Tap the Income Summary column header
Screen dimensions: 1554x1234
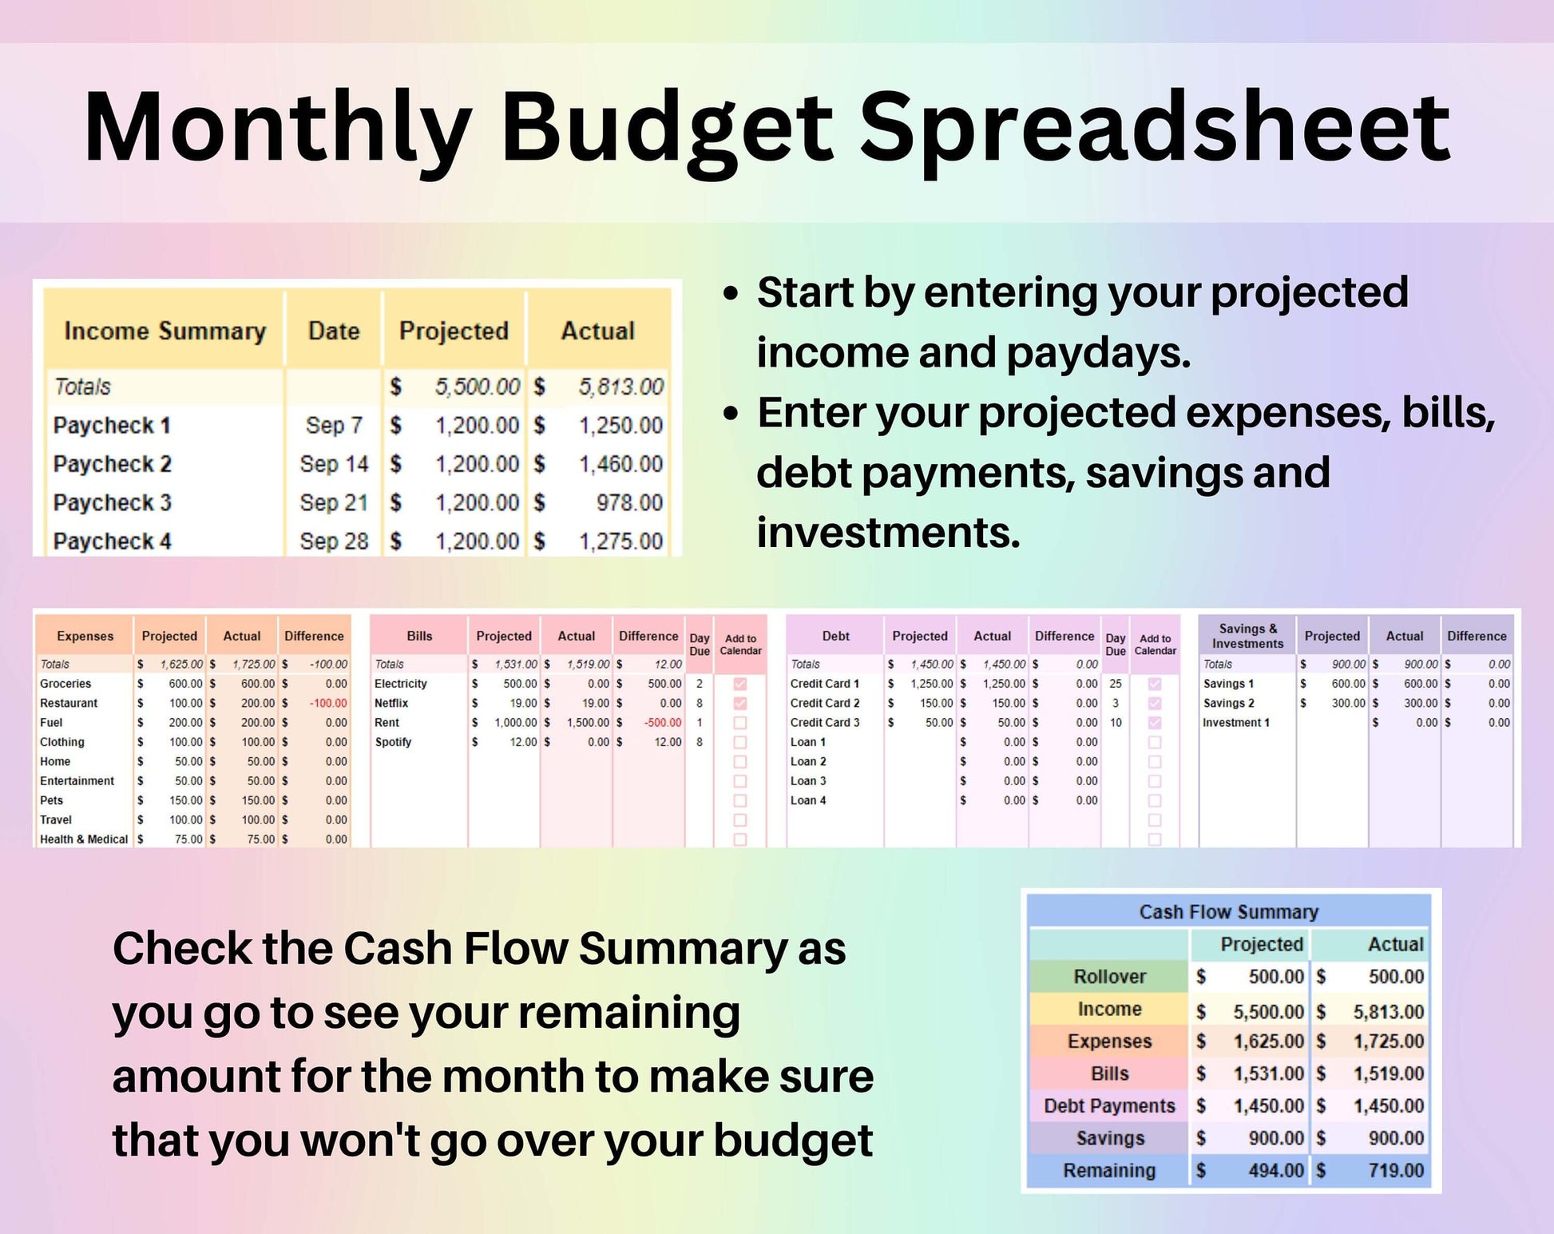click(165, 331)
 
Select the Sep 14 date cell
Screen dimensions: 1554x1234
click(334, 464)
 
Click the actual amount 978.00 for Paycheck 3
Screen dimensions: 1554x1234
click(629, 502)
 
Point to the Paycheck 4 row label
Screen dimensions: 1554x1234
click(112, 542)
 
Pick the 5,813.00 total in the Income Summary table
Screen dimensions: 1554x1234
click(620, 387)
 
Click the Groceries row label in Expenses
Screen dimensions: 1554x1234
click(65, 684)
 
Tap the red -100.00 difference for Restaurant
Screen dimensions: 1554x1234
click(328, 703)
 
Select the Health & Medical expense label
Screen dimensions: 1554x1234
click(84, 839)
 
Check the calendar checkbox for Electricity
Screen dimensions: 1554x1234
click(740, 684)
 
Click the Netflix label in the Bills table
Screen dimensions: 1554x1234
click(391, 703)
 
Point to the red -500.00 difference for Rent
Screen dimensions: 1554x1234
click(663, 723)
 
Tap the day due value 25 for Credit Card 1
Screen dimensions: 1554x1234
click(1116, 684)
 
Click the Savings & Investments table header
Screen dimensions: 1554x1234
click(1247, 636)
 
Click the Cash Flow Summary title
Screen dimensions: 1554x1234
click(1228, 912)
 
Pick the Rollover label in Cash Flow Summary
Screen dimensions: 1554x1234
click(1109, 977)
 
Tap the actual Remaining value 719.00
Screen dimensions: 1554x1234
click(1396, 1171)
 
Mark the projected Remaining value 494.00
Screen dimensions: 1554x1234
click(1276, 1171)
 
